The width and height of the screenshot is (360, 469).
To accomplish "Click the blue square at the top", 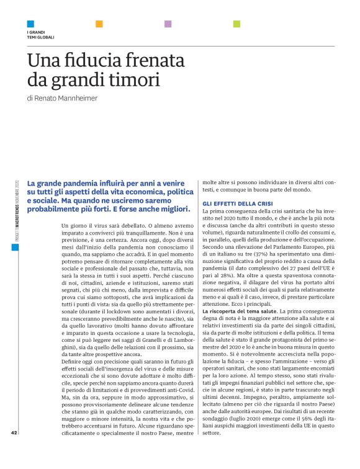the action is (x=30, y=24).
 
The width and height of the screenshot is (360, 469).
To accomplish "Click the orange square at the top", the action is (x=99, y=24).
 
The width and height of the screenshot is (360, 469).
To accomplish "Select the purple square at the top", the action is (x=168, y=24).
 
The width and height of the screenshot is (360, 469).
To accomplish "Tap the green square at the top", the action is (x=236, y=24).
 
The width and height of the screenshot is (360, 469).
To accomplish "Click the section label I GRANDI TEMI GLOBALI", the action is (x=40, y=34).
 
